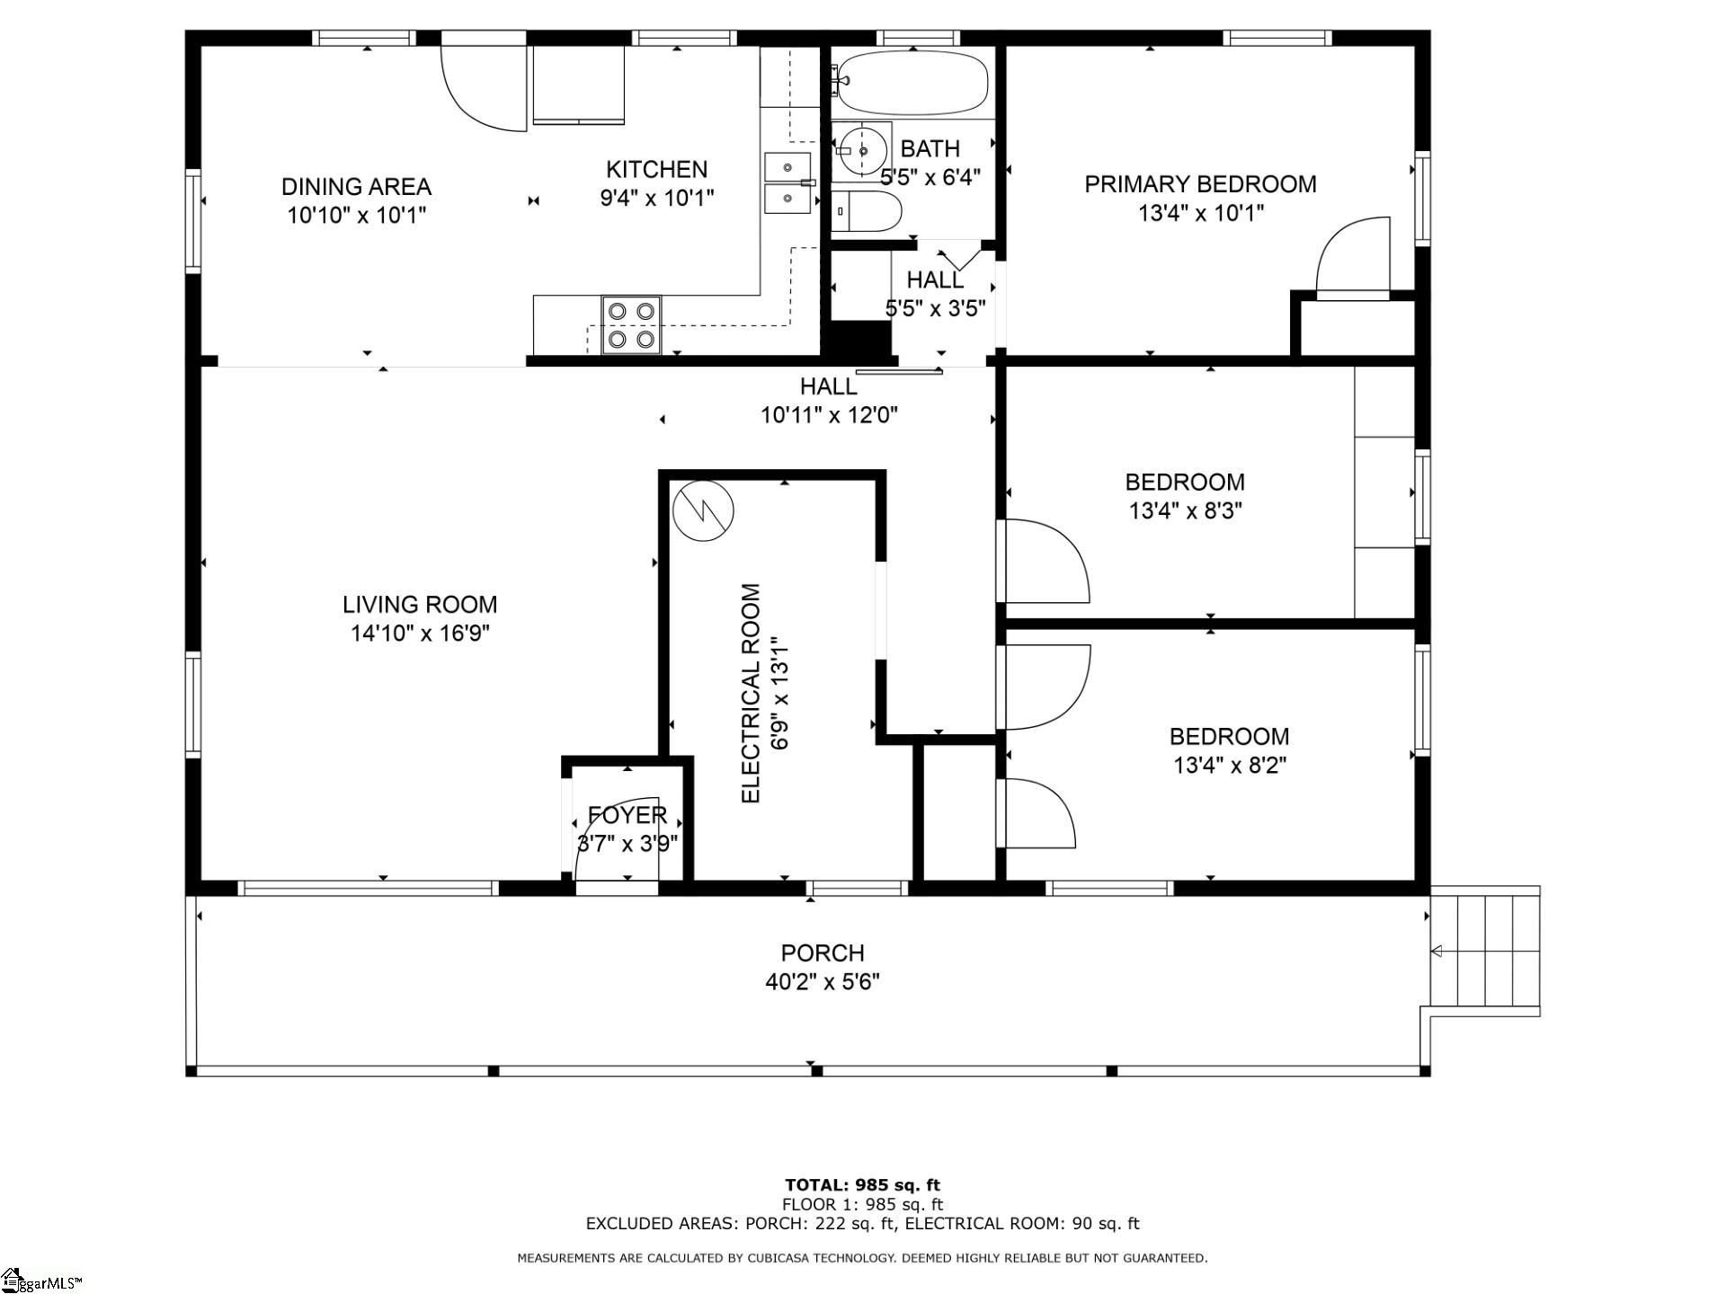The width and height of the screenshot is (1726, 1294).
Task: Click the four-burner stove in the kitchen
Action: pos(631,325)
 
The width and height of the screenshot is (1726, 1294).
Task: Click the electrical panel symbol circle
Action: pos(703,510)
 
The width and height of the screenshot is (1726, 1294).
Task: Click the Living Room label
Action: pos(420,605)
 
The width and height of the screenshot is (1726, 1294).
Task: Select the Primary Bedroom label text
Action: pos(1200,184)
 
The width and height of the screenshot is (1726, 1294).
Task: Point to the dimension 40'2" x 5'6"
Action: pos(822,981)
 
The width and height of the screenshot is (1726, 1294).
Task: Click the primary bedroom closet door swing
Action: pos(1353,256)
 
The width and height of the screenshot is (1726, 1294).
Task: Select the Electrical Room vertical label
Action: pos(752,694)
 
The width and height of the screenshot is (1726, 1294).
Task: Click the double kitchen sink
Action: pos(787,182)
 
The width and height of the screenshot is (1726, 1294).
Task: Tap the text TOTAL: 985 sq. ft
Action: pos(862,1184)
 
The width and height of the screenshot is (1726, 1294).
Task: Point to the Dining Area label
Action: pos(357,187)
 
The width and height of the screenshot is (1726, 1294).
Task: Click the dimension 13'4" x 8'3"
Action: pos(1185,511)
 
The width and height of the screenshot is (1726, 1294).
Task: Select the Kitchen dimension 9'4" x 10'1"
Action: pos(657,198)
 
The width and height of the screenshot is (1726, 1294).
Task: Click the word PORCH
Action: pos(822,953)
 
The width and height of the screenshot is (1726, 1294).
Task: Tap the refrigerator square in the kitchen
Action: pos(578,84)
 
